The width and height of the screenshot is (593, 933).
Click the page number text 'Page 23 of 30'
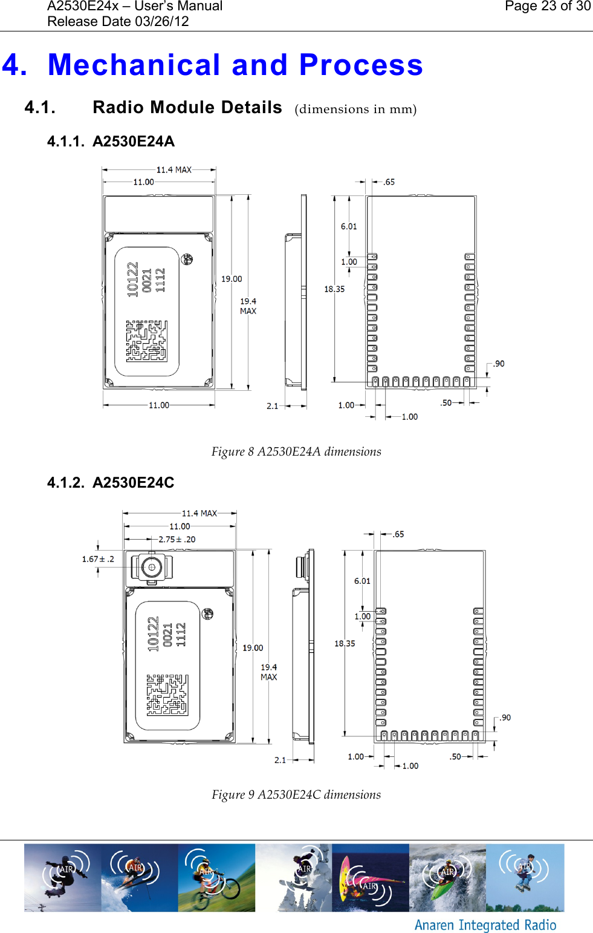coord(547,7)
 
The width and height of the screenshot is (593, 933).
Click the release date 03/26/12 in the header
coord(118,22)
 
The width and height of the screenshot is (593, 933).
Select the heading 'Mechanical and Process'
coord(235,65)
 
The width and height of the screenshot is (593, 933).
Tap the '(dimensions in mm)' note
coord(355,110)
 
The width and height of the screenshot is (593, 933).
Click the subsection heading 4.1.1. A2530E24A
coord(111,142)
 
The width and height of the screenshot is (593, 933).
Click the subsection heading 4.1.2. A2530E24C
coord(111,483)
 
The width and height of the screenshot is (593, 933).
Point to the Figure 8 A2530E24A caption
coord(296,452)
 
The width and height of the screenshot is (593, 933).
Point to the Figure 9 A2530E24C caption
coord(296,795)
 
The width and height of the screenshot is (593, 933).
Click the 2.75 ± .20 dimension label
coord(177,540)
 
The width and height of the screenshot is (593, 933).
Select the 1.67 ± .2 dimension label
coord(98,559)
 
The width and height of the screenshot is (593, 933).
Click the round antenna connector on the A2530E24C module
coord(151,568)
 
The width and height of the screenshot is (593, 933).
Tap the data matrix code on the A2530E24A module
coord(146,341)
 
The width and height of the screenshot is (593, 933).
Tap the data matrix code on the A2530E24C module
coord(167,695)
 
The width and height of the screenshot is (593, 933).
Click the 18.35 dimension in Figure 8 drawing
coord(334,289)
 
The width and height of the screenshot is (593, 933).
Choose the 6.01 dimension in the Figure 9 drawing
coord(362,581)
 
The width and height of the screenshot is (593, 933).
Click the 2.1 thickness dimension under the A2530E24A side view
coord(273,406)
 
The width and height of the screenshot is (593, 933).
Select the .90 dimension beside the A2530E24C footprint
coord(505,718)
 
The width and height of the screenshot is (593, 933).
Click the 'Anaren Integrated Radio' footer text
coord(485,925)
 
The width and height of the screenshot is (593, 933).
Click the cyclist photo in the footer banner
coord(216,878)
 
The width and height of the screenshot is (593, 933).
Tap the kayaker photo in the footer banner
coord(447,878)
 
